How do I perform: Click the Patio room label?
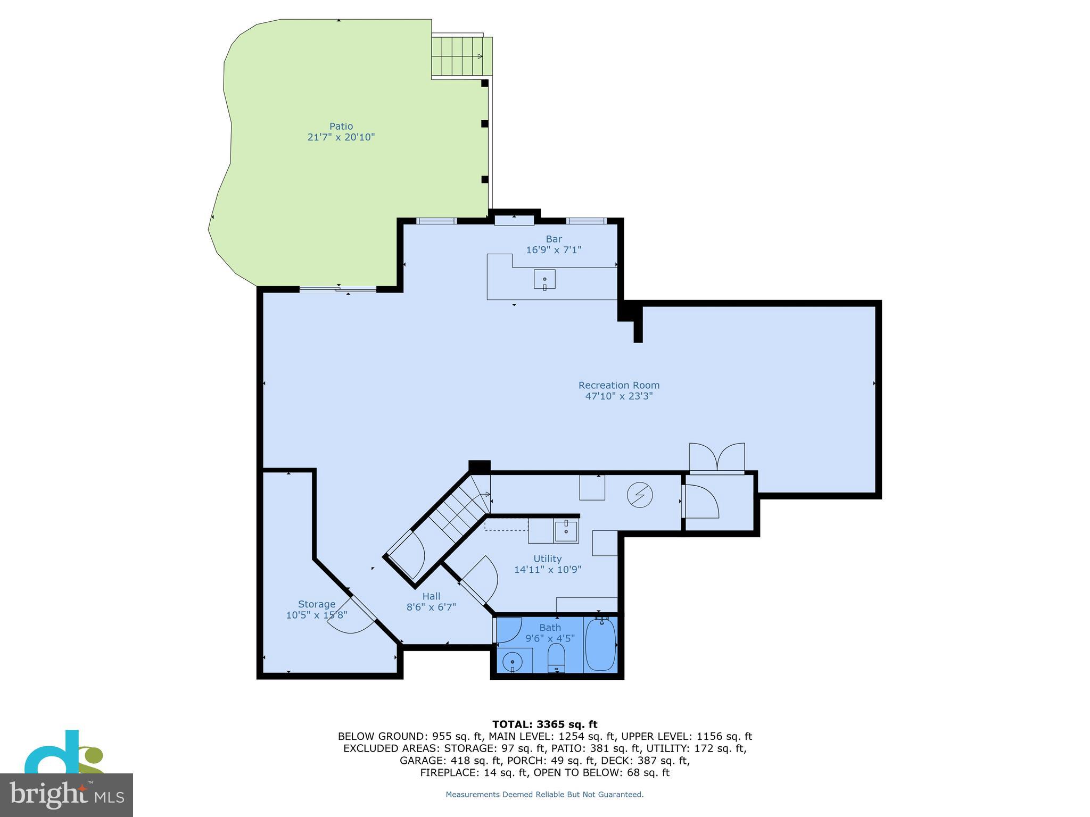341,126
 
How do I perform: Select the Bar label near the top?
554,239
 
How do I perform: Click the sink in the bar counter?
544,279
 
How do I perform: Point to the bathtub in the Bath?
600,644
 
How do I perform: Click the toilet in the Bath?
556,658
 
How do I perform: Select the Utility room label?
547,558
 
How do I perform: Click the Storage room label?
317,604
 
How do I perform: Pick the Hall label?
431,596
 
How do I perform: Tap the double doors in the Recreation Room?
717,457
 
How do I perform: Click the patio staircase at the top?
461,56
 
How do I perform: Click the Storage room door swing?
352,619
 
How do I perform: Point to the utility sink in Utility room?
566,531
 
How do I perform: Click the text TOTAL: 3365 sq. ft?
544,724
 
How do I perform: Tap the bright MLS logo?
67,795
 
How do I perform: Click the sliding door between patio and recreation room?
338,289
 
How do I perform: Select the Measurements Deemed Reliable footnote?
544,795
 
